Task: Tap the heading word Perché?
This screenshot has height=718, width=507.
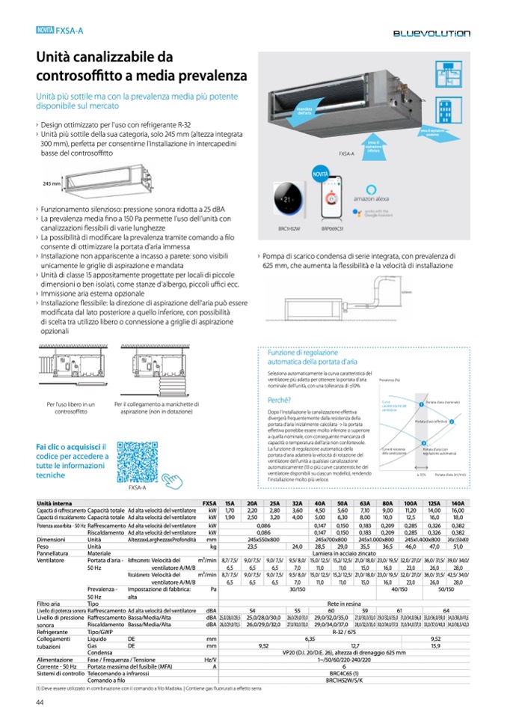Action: click(280, 400)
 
